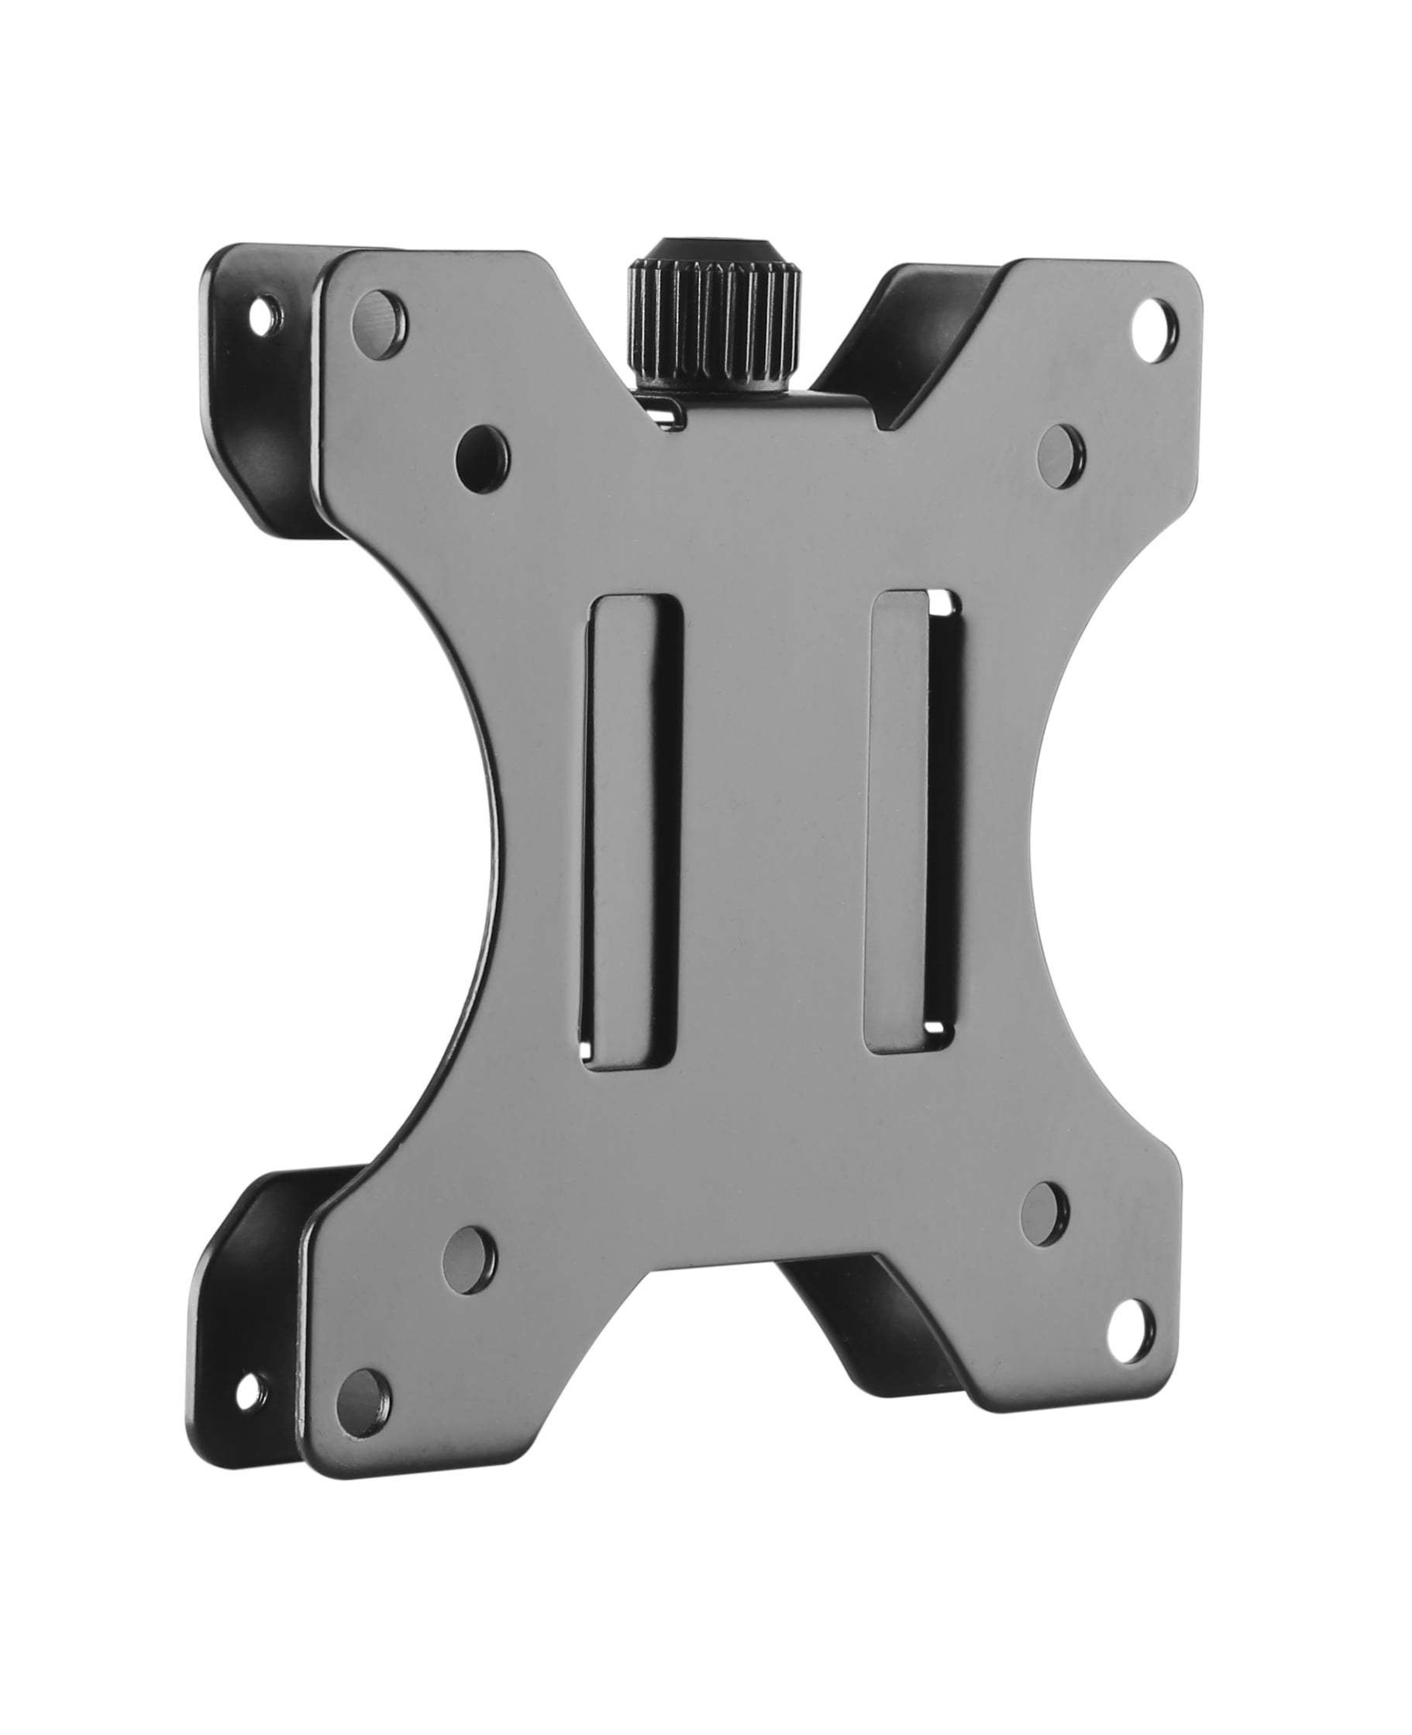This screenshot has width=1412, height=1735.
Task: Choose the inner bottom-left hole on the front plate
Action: tap(470, 1278)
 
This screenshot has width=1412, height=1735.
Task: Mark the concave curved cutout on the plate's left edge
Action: tap(456, 846)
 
